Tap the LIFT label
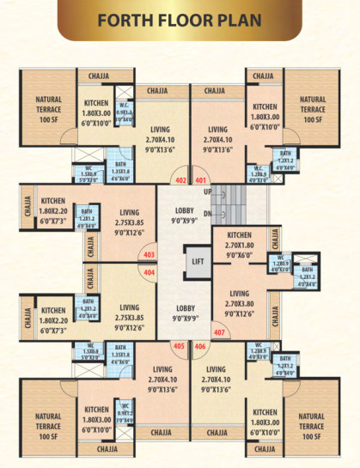(x=197, y=260)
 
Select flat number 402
(x=180, y=181)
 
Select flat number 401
(x=201, y=181)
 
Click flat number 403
(x=149, y=255)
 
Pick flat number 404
(x=149, y=272)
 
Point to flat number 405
(x=180, y=346)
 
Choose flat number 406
(x=200, y=346)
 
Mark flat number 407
(x=218, y=332)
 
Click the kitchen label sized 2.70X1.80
(x=238, y=244)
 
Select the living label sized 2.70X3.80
(x=238, y=302)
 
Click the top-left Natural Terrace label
(x=48, y=109)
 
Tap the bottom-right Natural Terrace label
(x=312, y=425)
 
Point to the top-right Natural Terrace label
(x=312, y=109)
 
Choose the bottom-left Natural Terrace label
(x=48, y=425)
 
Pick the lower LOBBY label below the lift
(x=185, y=312)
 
